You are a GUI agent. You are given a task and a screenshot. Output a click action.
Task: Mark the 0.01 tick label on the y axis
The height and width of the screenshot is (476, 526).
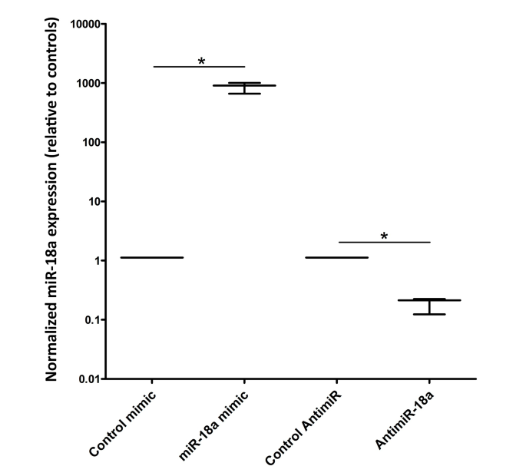pos(87,378)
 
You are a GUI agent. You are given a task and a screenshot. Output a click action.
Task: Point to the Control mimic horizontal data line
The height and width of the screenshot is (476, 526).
pos(152,257)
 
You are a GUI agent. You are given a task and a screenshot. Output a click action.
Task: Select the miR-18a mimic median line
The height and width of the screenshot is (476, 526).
pos(244,85)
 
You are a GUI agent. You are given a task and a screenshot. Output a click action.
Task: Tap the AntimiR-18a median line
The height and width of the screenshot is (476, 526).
pos(428,300)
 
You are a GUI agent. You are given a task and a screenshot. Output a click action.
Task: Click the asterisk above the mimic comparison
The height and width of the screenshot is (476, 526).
pos(201,61)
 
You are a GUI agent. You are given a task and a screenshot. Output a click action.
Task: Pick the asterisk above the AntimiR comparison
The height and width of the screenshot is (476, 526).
pos(384,236)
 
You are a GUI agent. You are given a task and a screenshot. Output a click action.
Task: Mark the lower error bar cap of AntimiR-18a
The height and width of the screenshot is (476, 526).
pos(428,314)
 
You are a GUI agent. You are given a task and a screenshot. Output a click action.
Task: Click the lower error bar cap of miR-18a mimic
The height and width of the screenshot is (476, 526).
pos(244,94)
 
